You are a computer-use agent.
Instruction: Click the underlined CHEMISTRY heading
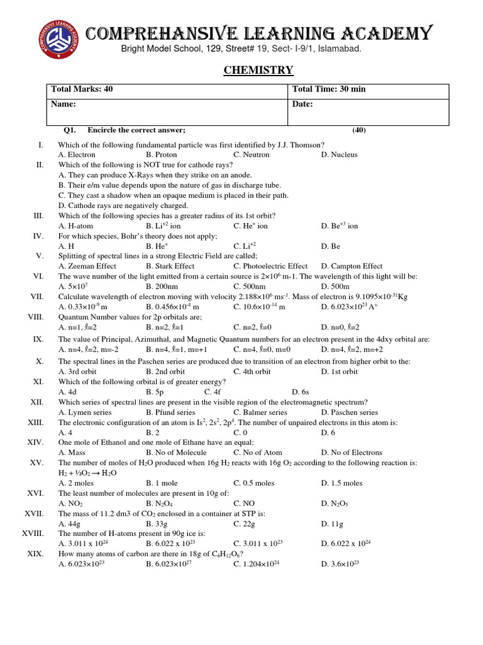(258, 70)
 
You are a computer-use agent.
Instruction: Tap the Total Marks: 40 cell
(86, 89)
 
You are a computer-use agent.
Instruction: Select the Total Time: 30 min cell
(329, 89)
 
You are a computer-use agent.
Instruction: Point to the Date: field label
(303, 104)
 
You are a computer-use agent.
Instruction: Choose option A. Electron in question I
(77, 154)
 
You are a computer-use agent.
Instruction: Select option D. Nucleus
(339, 154)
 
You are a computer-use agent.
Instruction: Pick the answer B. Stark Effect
(170, 266)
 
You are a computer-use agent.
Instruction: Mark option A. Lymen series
(85, 412)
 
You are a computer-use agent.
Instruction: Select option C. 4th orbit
(252, 371)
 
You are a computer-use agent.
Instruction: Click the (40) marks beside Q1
(358, 130)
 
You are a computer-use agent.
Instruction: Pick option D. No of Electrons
(351, 452)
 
